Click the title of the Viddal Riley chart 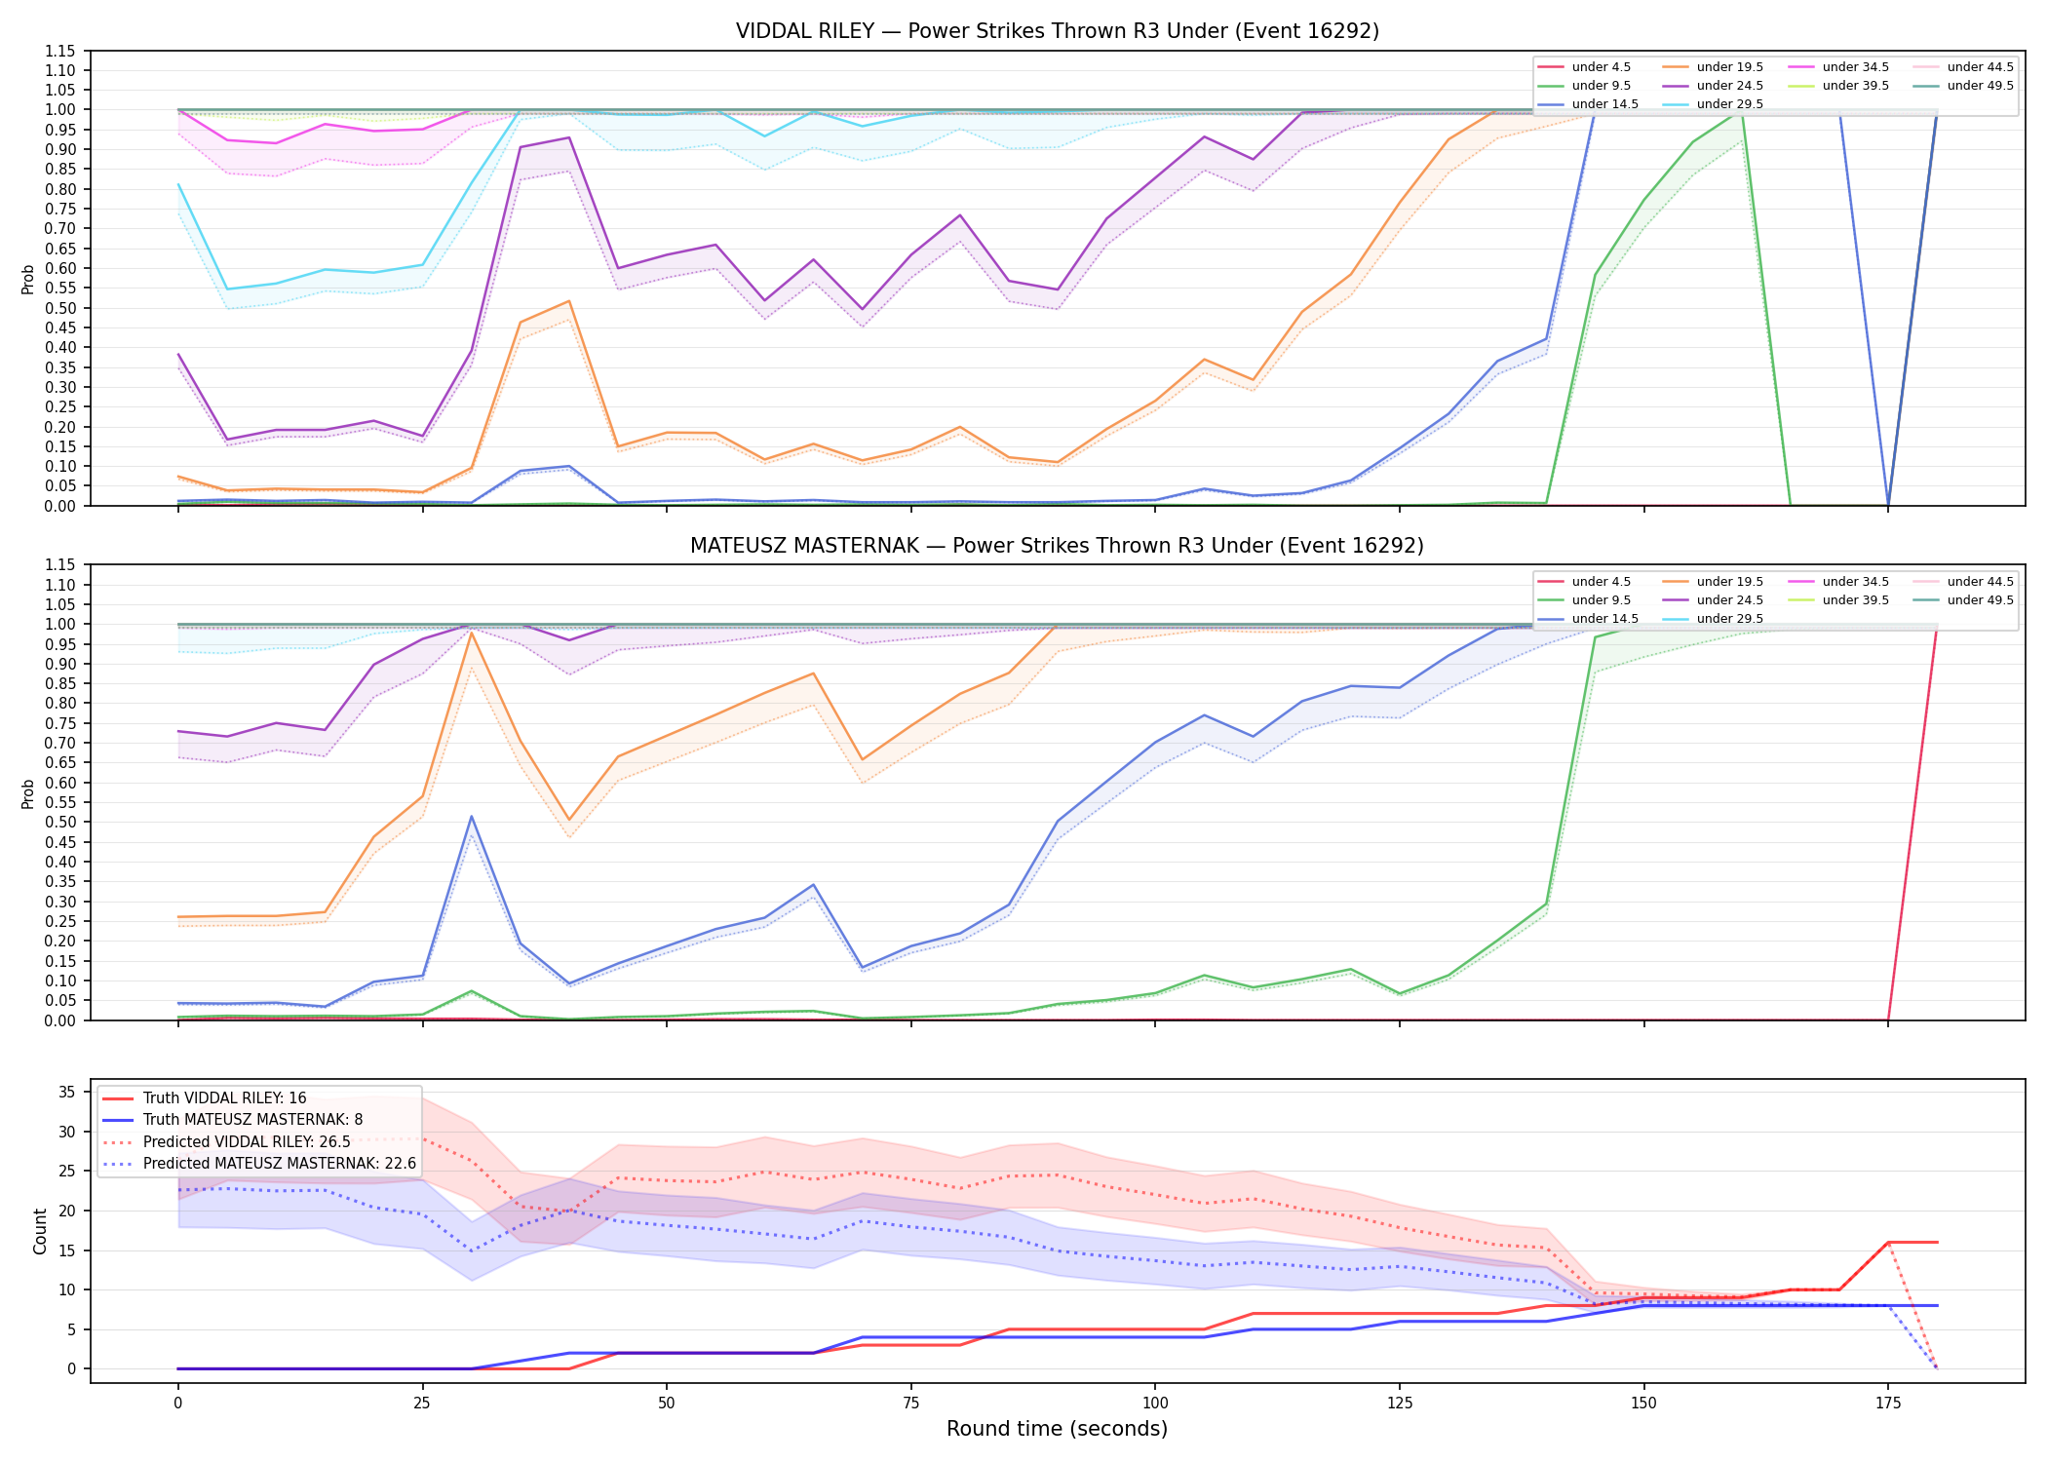(1057, 31)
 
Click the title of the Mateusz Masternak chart (1057, 546)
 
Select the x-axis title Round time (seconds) (1057, 1429)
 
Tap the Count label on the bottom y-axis (40, 1231)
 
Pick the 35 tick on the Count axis (66, 1092)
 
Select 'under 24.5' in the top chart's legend (1729, 86)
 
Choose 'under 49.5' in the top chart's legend (1980, 86)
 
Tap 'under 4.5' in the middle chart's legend (1601, 582)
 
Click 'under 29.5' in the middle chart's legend (1729, 619)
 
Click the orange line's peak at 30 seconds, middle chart (471, 632)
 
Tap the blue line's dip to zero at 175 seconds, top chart (1888, 505)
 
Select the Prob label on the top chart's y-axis (28, 279)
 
